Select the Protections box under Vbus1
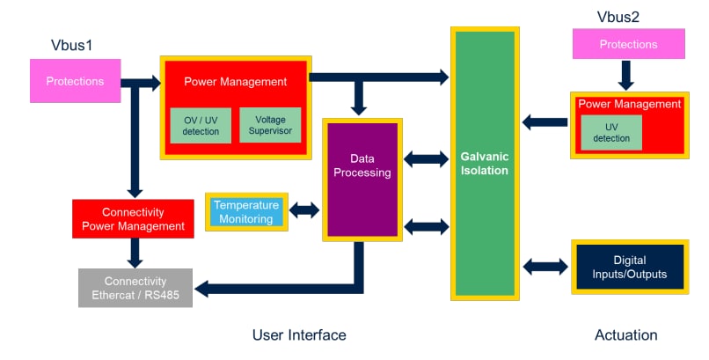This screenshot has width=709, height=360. (75, 82)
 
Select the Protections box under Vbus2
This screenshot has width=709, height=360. (628, 44)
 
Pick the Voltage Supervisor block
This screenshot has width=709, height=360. (270, 125)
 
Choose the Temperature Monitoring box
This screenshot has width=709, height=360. (246, 212)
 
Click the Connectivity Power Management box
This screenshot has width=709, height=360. (133, 219)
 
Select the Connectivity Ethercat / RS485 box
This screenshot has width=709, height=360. (135, 288)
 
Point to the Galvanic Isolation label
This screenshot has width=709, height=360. (484, 163)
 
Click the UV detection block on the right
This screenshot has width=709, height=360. (610, 132)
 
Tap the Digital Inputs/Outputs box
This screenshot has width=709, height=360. (630, 267)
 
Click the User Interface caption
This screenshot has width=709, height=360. (299, 334)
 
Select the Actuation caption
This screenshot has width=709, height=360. (625, 334)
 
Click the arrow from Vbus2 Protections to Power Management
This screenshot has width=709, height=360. (625, 75)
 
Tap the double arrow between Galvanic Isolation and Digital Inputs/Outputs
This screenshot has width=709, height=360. (545, 266)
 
